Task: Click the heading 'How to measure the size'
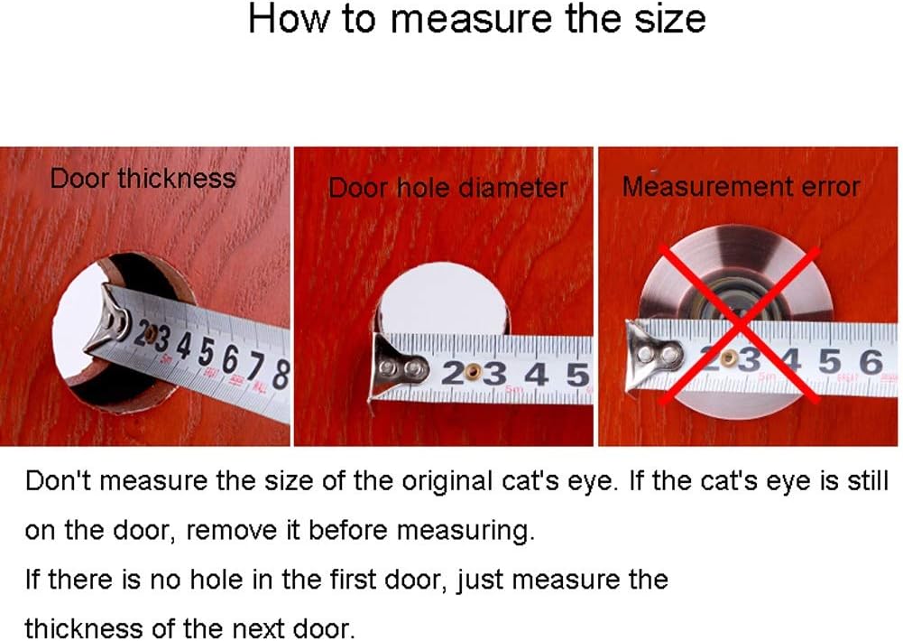tap(476, 20)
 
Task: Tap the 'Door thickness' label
tap(143, 178)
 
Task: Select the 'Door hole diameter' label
tap(447, 188)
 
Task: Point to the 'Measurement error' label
tap(742, 187)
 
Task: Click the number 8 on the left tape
tap(280, 376)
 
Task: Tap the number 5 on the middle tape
tap(577, 376)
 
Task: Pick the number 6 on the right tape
tap(871, 361)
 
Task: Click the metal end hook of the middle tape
tap(397, 368)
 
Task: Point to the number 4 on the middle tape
tap(537, 376)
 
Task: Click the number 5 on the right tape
tap(829, 361)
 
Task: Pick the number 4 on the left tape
tap(184, 345)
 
